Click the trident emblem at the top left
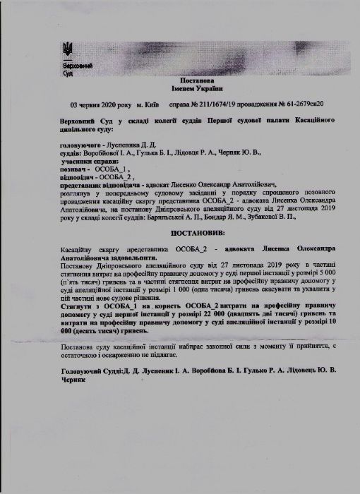click(x=68, y=50)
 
